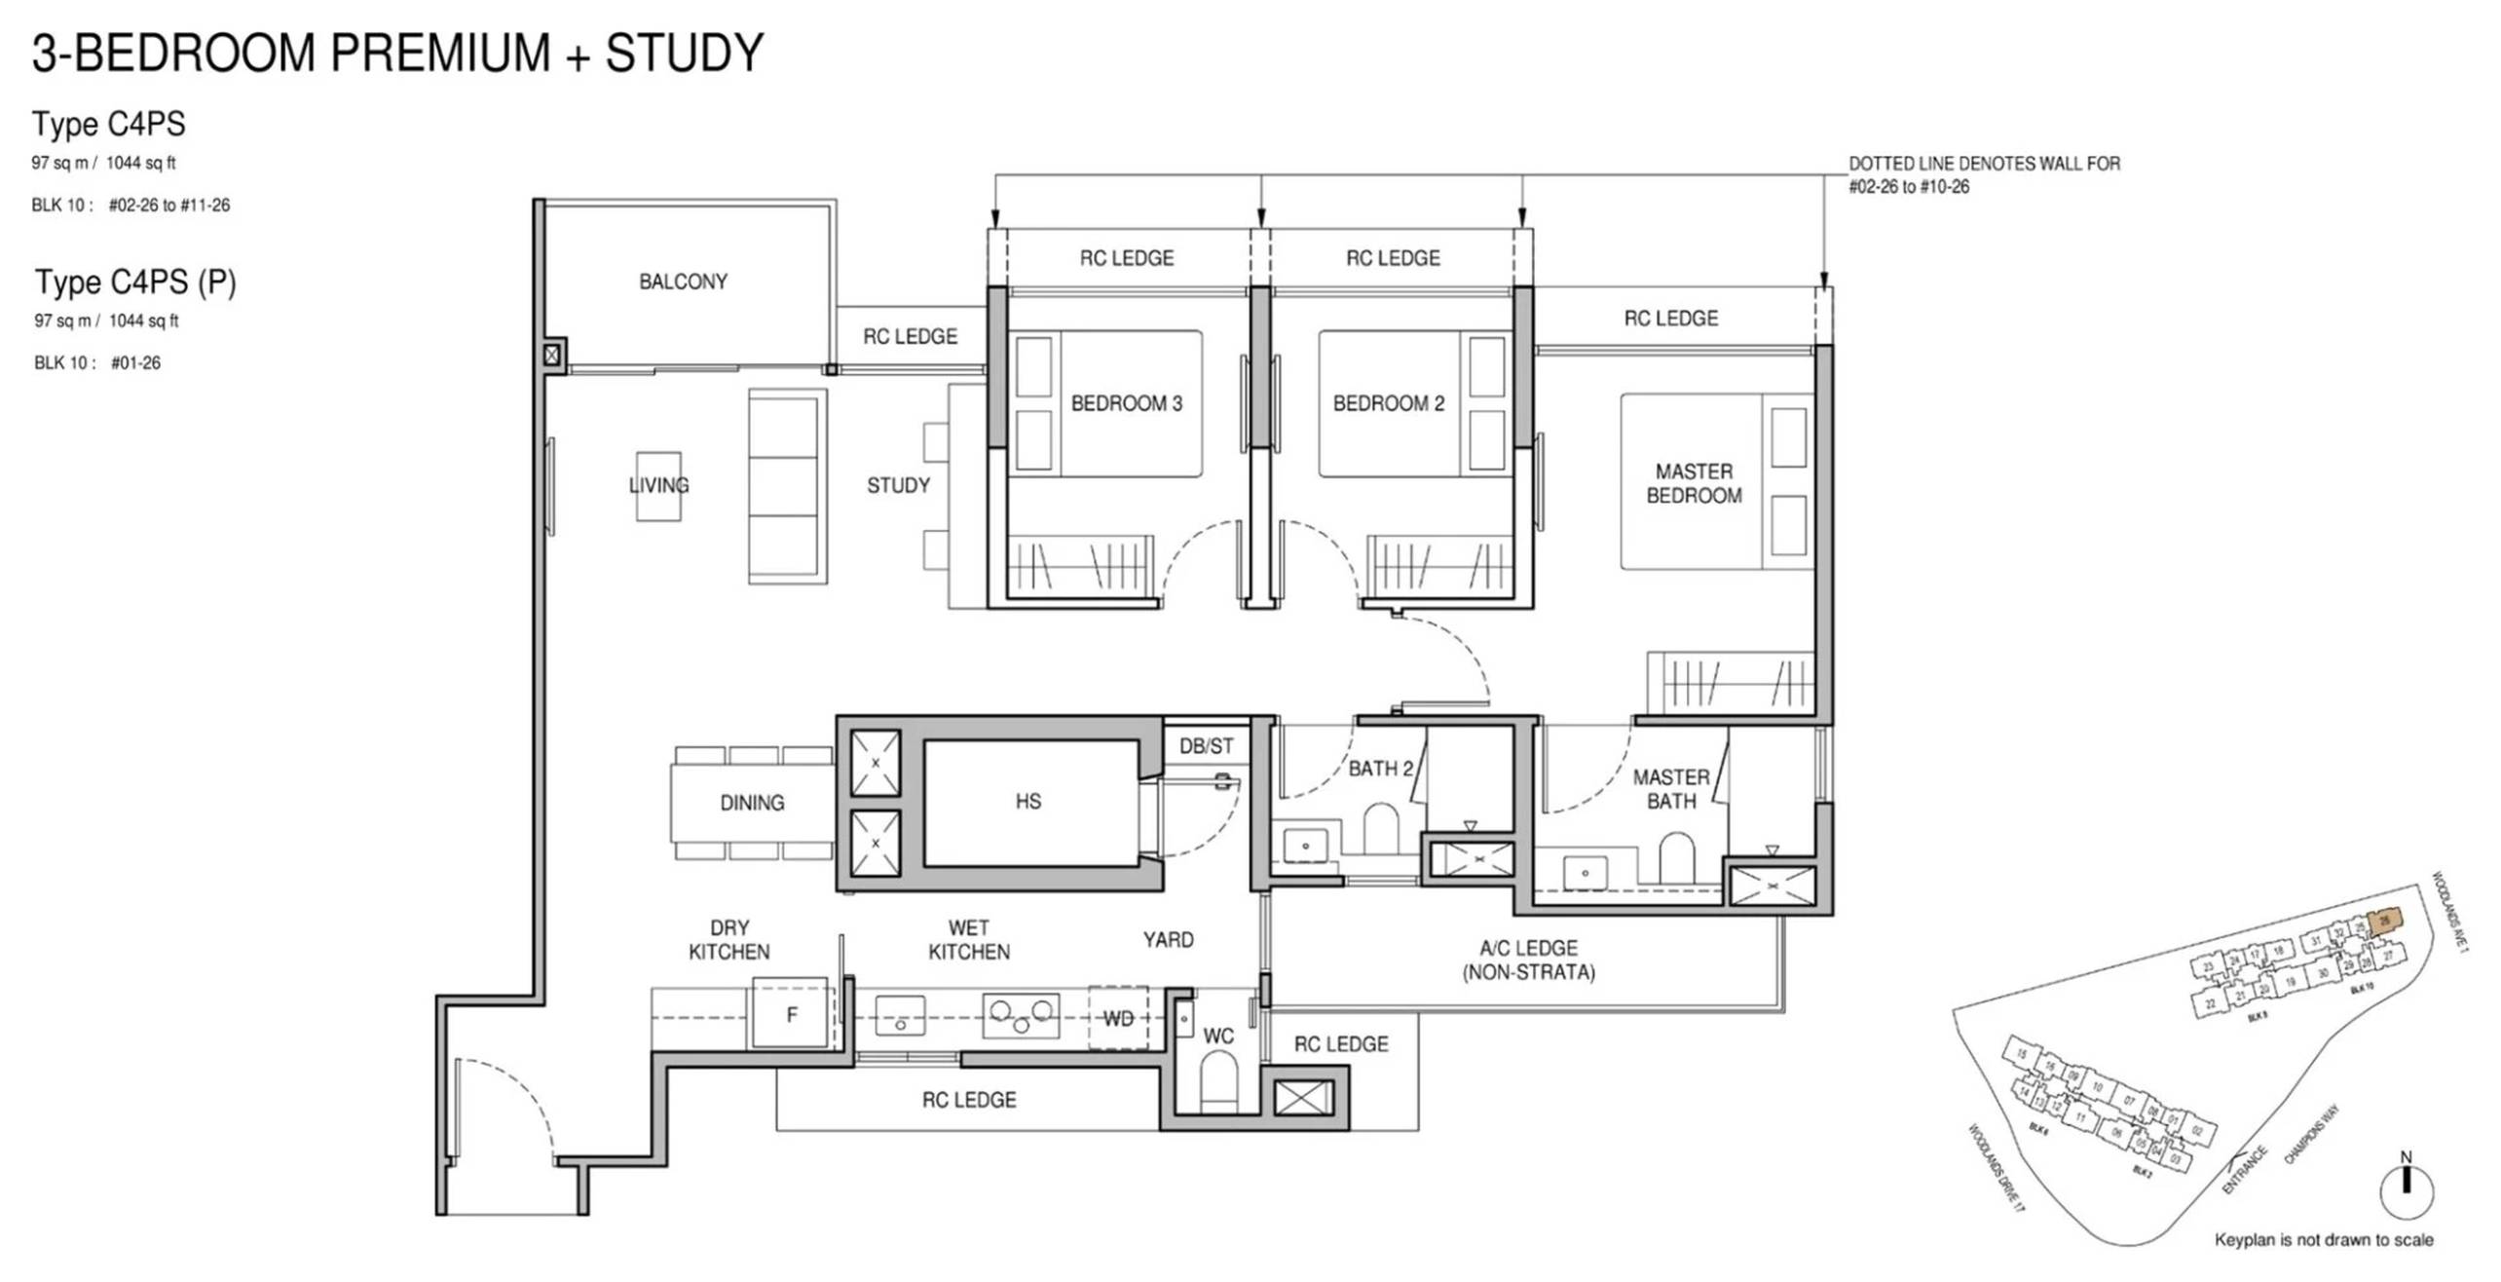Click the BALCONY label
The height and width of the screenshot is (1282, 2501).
point(683,282)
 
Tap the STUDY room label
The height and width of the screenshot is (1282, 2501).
point(898,485)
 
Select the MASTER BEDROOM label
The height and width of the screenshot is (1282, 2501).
point(1694,483)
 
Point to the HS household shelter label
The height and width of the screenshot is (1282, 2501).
point(1027,801)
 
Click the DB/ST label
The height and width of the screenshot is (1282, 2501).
point(1206,746)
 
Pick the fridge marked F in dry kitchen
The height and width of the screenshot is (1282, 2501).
point(791,1015)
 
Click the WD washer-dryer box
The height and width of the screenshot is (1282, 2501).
point(1117,1018)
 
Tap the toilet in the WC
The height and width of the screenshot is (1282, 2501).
point(1217,1081)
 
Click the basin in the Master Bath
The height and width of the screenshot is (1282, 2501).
point(1585,872)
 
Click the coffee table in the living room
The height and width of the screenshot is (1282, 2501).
point(658,485)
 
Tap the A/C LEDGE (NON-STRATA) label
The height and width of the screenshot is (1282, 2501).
point(1528,960)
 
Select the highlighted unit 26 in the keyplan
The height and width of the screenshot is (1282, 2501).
point(2384,921)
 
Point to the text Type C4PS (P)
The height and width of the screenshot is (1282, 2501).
point(135,283)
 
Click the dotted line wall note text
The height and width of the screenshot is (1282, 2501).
point(1983,175)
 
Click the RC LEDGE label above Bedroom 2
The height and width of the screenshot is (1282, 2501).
point(1393,258)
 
